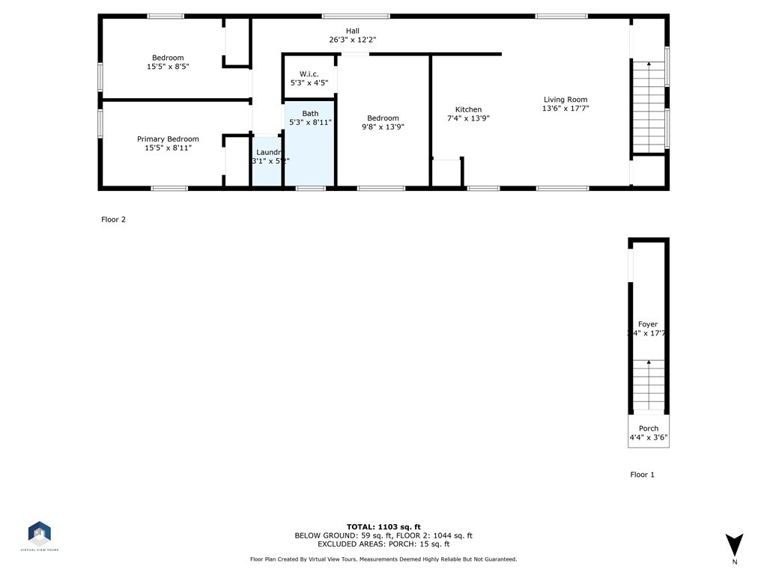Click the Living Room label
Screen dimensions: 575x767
point(566,100)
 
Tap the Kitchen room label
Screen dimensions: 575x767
point(468,109)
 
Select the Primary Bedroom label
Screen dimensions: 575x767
point(168,139)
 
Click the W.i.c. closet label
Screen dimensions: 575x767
point(309,73)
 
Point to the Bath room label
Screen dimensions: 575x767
point(310,113)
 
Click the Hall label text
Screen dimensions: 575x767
point(352,31)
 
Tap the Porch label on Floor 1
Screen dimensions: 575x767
point(649,428)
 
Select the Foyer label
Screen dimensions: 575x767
point(648,324)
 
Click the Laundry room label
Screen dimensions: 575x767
point(268,152)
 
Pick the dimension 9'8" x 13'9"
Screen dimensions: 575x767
point(383,127)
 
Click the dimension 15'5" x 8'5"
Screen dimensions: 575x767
point(168,67)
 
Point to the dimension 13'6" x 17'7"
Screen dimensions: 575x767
point(566,109)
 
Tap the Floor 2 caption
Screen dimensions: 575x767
point(114,219)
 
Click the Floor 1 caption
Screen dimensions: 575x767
point(643,475)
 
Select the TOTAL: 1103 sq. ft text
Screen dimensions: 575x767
point(383,526)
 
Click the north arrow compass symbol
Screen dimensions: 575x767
point(734,545)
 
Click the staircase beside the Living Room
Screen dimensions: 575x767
point(649,108)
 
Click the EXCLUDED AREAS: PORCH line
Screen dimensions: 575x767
point(383,544)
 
